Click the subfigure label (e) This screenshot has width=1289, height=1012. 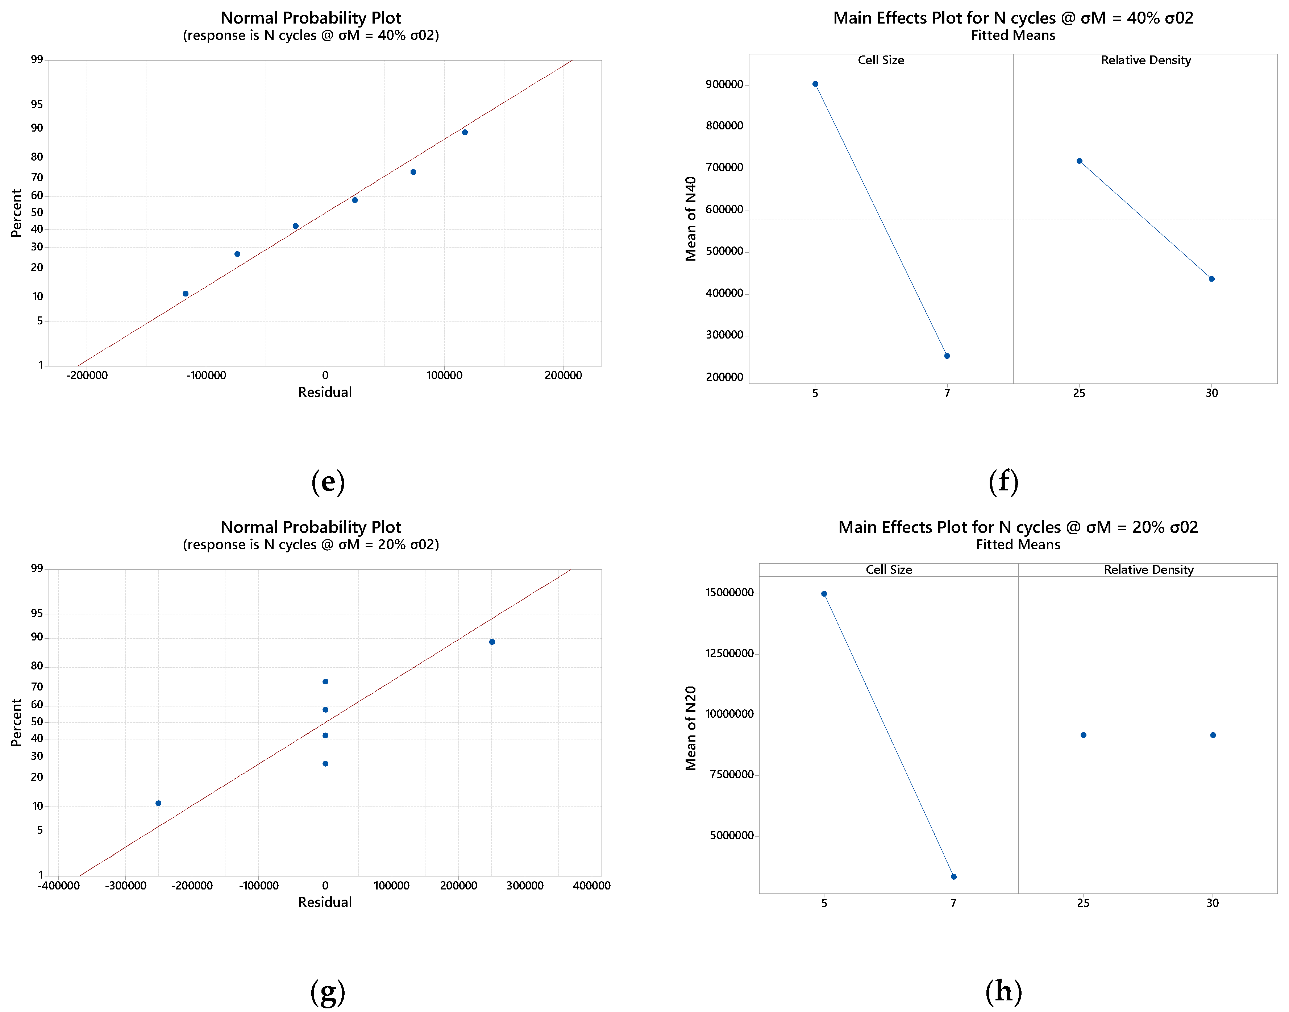(328, 482)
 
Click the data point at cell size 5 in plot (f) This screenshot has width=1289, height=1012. (815, 84)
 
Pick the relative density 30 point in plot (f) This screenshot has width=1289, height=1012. (1212, 279)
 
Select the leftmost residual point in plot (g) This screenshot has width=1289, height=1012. (158, 804)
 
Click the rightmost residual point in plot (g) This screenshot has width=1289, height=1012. (492, 642)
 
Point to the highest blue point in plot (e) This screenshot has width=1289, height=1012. (465, 133)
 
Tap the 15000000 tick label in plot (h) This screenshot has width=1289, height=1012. (729, 593)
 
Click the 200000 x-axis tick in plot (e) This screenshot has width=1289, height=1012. (564, 376)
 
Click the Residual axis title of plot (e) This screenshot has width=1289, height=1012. (325, 392)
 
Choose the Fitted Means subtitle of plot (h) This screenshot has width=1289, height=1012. (1018, 544)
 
